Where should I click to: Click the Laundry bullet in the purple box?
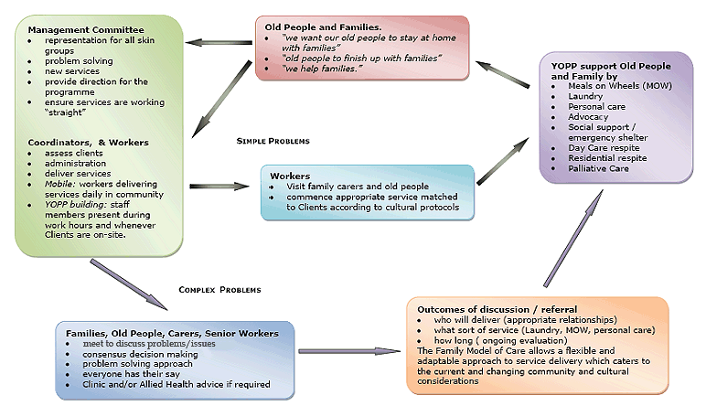(x=585, y=96)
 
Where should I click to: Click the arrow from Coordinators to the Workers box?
(x=219, y=186)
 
